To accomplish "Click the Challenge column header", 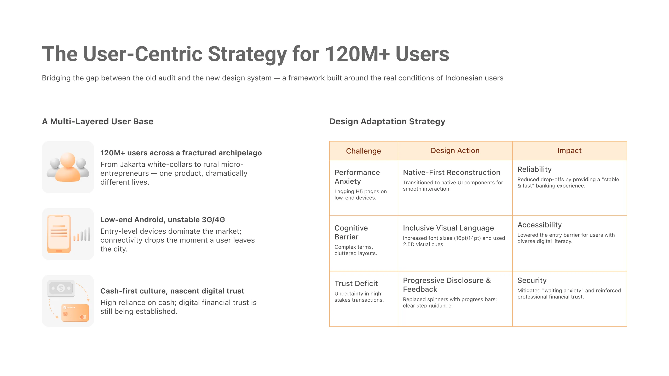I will coord(363,151).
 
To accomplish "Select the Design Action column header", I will coord(455,151).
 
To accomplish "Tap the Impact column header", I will coord(569,151).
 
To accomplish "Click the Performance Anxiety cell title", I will coord(357,177).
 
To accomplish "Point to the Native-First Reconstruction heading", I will coord(451,172).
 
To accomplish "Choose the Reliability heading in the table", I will coord(534,169).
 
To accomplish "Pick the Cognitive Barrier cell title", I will coord(351,232).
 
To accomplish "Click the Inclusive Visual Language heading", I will coord(448,228).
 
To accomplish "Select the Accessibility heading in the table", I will coord(539,225).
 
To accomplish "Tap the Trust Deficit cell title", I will coord(356,284).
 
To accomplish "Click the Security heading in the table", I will coord(532,280).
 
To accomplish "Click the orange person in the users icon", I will coord(68,168).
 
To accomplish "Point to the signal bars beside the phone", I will coord(82,234).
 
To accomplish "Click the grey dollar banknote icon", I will coord(61,289).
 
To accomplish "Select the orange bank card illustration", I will coord(75,313).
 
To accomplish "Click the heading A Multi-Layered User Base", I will coord(97,121).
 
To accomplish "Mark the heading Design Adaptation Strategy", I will coord(387,121).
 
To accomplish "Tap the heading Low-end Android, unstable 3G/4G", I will coord(163,220).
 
